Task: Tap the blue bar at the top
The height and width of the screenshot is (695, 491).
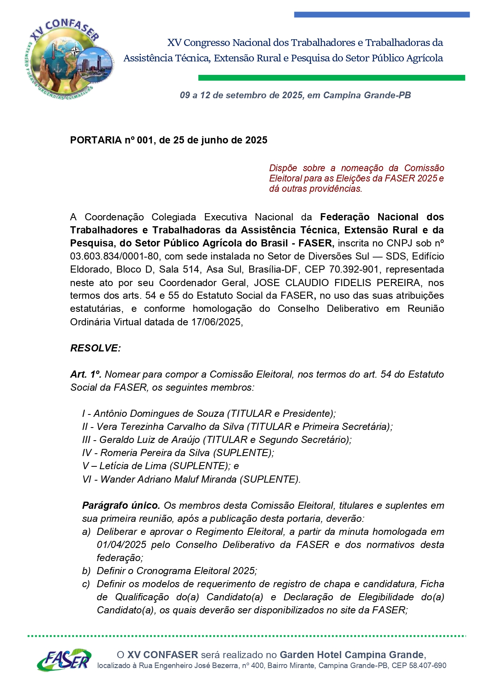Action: point(381,15)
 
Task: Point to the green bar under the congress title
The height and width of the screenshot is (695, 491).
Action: point(331,78)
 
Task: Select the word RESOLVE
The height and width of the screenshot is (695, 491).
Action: point(95,348)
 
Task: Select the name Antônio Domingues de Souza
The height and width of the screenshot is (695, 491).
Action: point(159,414)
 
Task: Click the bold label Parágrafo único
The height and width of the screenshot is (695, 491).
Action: point(121,506)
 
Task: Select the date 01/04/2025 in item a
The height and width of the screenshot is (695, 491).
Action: point(121,545)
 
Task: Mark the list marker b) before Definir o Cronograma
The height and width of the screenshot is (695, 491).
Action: point(86,571)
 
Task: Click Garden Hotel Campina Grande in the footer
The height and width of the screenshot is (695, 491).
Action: point(352,655)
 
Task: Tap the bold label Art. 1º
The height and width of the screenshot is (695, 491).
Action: point(86,374)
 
